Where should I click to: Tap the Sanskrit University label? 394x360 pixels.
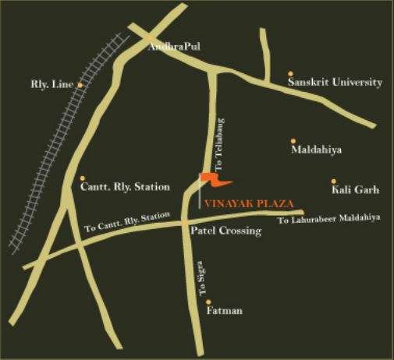coord(335,82)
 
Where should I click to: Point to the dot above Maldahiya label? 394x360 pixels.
coord(293,136)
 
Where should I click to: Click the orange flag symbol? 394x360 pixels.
coord(211,181)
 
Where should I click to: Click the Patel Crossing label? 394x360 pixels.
coord(225,231)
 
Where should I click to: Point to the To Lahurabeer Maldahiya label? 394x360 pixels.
coord(328,218)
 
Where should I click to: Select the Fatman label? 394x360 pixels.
coord(225,311)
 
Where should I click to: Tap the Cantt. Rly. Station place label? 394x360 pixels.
coord(125,187)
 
